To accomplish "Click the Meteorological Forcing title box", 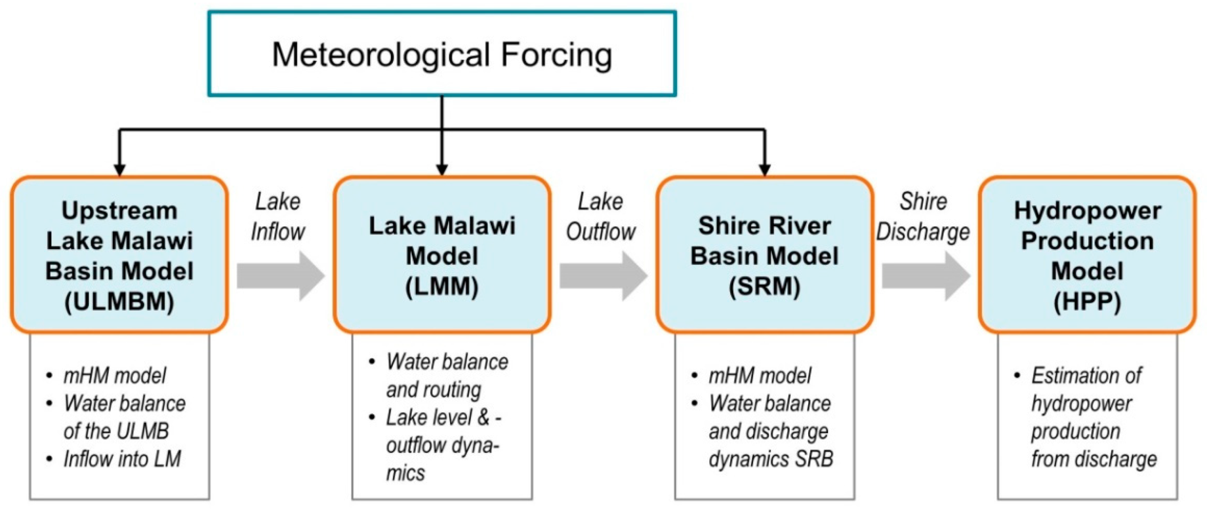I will point(442,54).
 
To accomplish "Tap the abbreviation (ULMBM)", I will point(119,302).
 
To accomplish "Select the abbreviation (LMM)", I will point(442,287).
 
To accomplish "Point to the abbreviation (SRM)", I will point(764,287).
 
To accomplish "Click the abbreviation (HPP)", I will point(1087,302).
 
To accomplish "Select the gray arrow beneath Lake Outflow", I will point(603,276).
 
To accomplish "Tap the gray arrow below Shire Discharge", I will point(925,276).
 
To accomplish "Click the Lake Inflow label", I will point(278,217).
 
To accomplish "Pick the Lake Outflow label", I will point(601,217).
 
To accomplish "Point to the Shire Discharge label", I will point(923,217).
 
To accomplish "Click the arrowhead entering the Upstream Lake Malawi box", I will point(120,170).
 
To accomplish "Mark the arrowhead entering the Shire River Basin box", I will point(764,170).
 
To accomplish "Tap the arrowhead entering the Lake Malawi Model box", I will point(442,170).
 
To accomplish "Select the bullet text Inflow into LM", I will point(122,459).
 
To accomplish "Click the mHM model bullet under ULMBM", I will point(114,376).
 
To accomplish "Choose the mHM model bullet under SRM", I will point(760,376).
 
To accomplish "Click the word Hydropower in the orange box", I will point(1087,210).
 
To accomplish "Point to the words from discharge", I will point(1094,459).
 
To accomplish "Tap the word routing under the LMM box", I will point(456,390).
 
